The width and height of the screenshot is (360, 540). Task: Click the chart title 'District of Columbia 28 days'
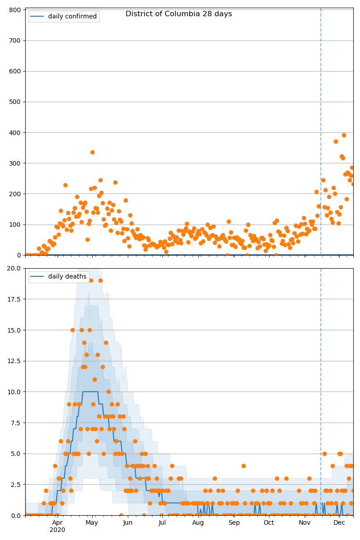click(179, 14)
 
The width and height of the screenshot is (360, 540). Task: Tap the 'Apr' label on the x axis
click(57, 522)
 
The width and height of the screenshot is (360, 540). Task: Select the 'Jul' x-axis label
click(162, 522)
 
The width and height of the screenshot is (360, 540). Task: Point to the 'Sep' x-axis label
click(234, 522)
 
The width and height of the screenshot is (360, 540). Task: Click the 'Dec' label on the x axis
click(339, 522)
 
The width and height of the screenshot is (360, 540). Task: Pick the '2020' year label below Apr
click(57, 530)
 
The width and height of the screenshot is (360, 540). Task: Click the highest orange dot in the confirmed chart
click(344, 135)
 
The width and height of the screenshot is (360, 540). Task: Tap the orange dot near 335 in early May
click(92, 152)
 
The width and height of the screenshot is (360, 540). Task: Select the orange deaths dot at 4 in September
click(243, 466)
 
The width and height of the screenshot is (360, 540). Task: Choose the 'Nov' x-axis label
click(305, 522)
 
